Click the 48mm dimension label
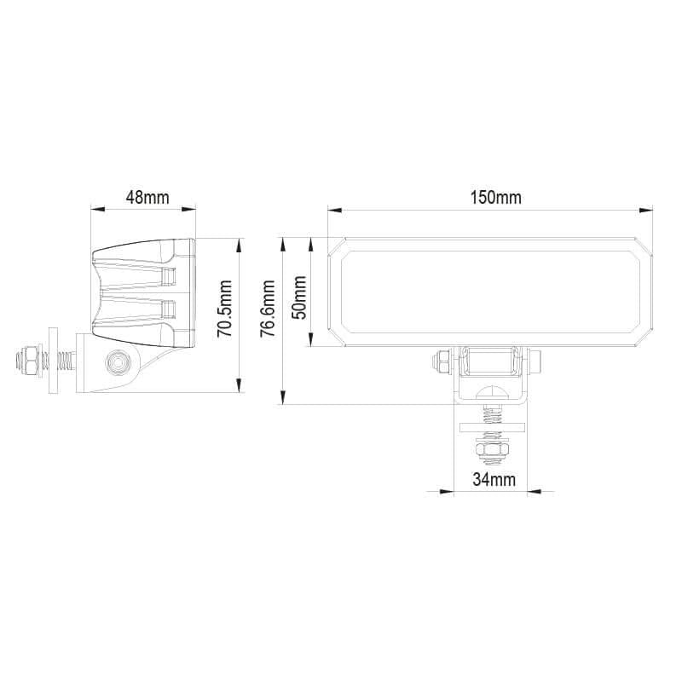click(x=147, y=197)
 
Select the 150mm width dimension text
click(x=495, y=197)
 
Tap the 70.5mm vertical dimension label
click(x=224, y=309)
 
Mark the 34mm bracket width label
click(x=494, y=479)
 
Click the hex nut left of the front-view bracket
click(x=442, y=361)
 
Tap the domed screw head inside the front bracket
click(x=492, y=395)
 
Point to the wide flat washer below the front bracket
click(x=492, y=428)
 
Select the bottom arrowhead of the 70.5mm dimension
click(x=240, y=387)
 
